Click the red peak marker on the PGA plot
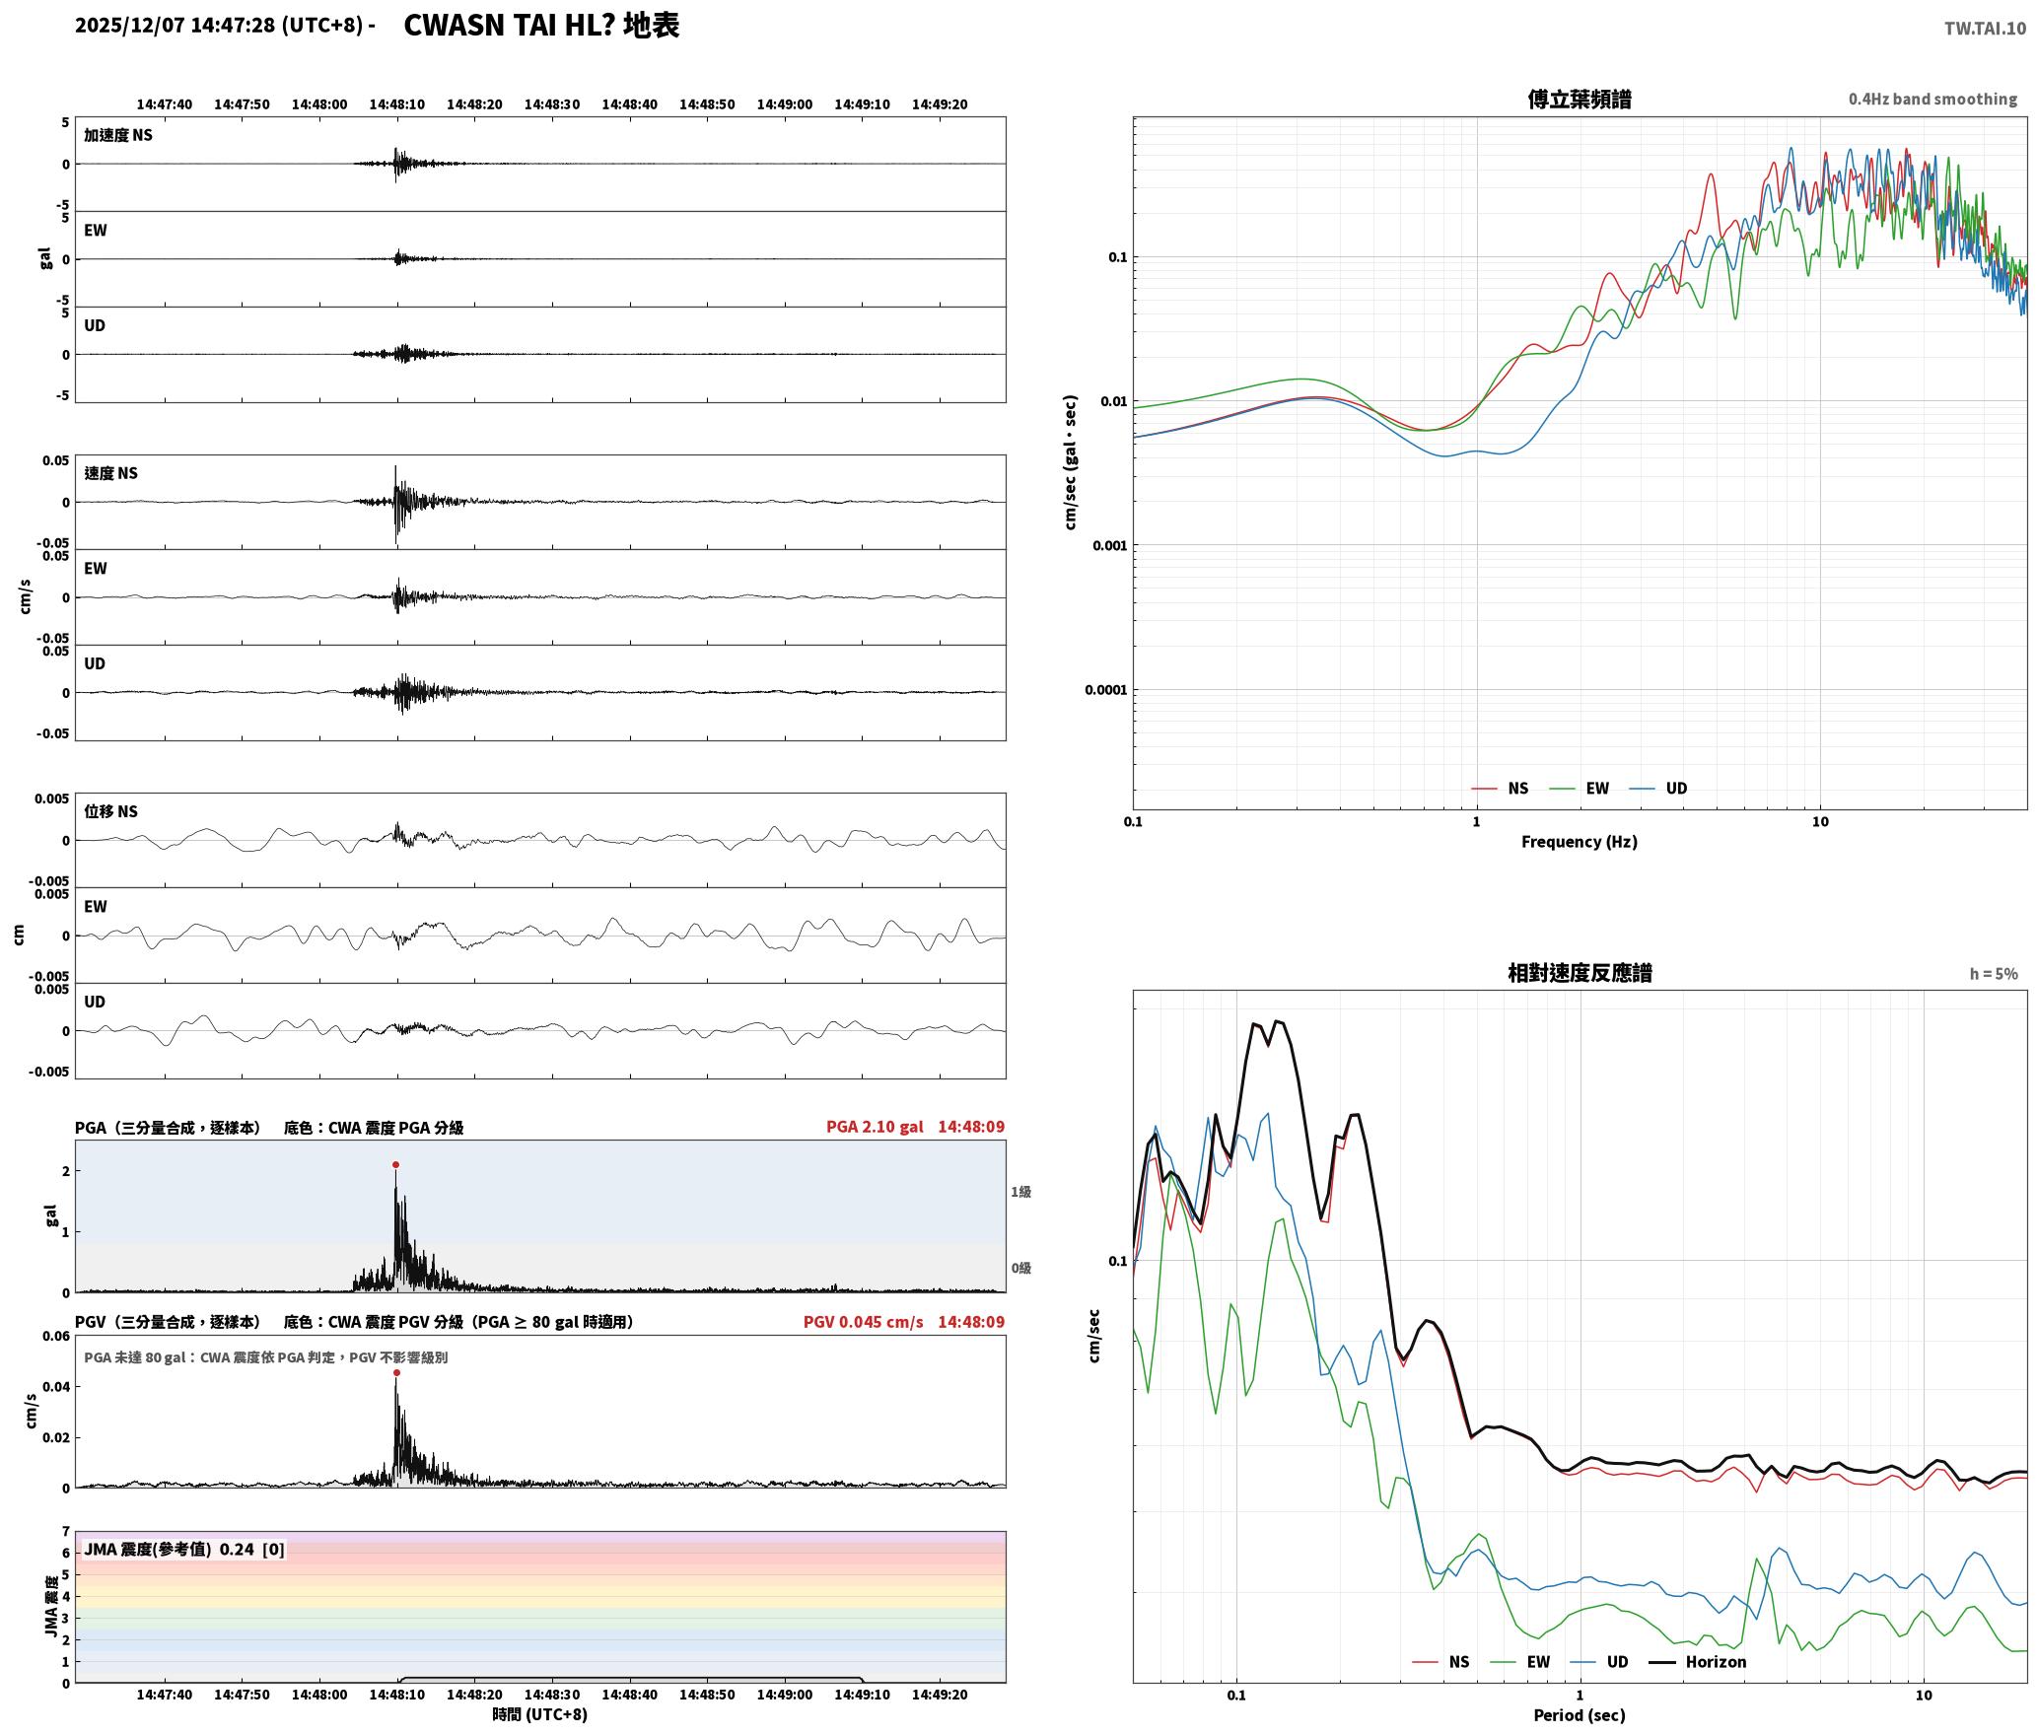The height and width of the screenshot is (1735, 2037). click(x=395, y=1164)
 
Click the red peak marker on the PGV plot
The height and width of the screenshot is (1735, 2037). click(x=396, y=1372)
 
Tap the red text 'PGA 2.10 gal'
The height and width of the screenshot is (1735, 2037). click(x=875, y=1127)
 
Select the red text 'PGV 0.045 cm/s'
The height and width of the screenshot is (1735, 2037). click(x=864, y=1322)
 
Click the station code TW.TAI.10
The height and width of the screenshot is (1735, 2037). click(x=1985, y=29)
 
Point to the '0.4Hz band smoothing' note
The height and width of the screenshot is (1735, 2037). click(x=1932, y=100)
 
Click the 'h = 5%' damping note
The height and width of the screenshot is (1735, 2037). click(x=1994, y=974)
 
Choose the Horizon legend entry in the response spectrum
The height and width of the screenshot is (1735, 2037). click(x=1698, y=1662)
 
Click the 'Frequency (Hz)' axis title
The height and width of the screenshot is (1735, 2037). click(x=1580, y=842)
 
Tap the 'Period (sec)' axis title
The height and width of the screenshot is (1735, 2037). click(x=1580, y=1715)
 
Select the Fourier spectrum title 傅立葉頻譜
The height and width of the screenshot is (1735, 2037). click(x=1580, y=100)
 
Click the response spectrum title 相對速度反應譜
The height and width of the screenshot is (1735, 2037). click(x=1580, y=973)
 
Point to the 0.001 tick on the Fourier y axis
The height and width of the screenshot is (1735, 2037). click(x=1109, y=546)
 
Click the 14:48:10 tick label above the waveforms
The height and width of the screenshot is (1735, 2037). click(x=397, y=104)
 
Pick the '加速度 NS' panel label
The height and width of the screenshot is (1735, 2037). click(x=118, y=135)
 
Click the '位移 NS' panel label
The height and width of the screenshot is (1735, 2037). click(x=110, y=811)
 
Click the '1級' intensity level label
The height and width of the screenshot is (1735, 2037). click(x=1020, y=1192)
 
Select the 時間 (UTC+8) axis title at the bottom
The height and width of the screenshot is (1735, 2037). click(x=540, y=1714)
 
